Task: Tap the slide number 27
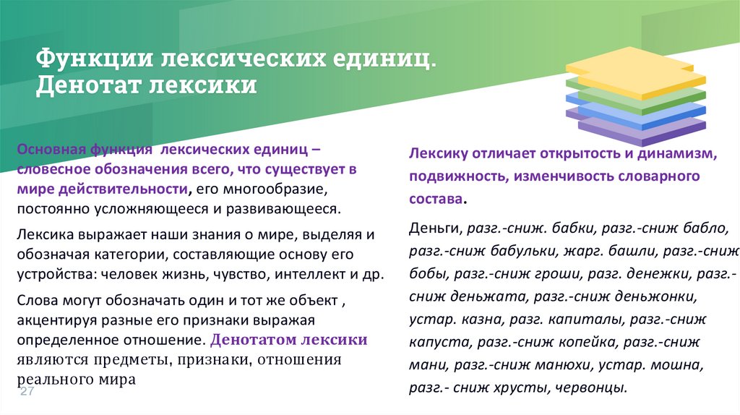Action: click(x=27, y=391)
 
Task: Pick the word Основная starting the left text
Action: click(x=50, y=148)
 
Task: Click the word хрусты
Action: click(x=525, y=388)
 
